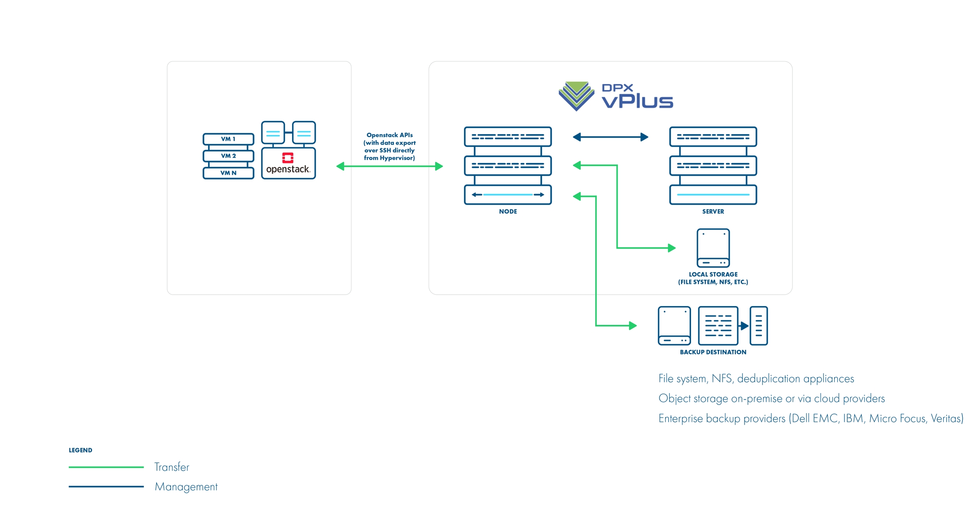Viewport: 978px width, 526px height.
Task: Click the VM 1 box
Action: (x=228, y=139)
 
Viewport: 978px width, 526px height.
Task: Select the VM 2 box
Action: (x=228, y=156)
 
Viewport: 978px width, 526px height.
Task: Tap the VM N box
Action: (x=228, y=173)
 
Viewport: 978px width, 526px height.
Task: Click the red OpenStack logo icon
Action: (x=288, y=158)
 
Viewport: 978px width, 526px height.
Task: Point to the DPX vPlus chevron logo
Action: (x=576, y=96)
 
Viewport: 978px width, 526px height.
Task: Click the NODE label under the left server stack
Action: (x=508, y=211)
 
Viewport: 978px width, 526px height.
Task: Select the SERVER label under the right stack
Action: (x=713, y=211)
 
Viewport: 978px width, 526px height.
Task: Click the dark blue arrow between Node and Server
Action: (x=610, y=137)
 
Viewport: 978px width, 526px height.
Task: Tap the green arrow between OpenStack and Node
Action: (x=389, y=166)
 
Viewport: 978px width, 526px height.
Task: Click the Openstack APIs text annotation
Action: (x=389, y=146)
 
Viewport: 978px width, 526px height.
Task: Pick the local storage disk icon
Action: (x=713, y=248)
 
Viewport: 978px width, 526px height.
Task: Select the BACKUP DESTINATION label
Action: (x=713, y=352)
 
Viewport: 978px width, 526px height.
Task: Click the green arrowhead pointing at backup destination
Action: (x=632, y=326)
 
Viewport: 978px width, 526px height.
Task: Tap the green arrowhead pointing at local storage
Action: (x=672, y=248)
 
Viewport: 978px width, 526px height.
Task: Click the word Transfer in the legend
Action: (x=171, y=467)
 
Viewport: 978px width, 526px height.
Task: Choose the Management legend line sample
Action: (x=106, y=487)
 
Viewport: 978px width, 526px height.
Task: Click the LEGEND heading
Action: (x=80, y=450)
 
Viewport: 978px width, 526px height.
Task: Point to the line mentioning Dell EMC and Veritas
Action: (x=810, y=419)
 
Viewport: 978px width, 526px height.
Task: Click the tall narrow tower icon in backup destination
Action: (x=759, y=326)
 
